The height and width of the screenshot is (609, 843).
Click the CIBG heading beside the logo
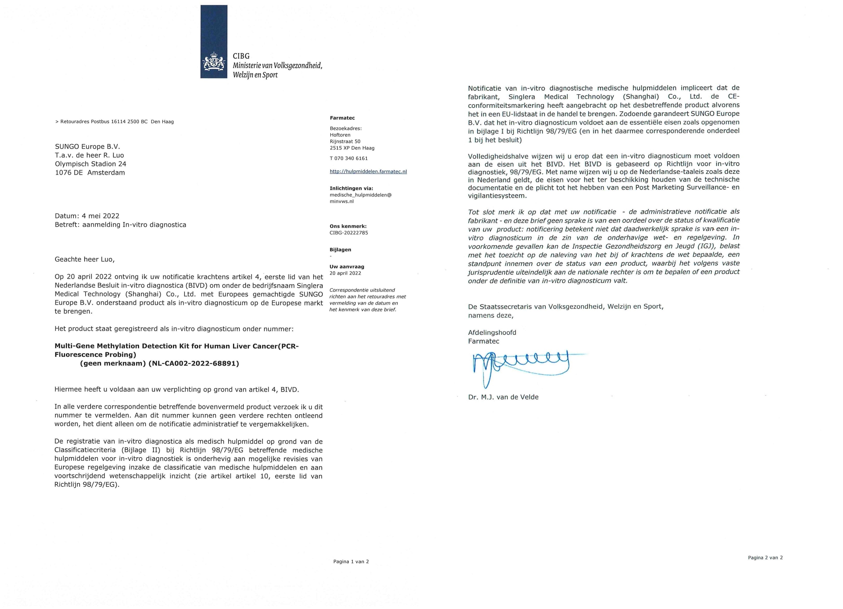click(x=241, y=56)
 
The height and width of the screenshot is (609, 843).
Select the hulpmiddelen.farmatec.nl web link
click(x=368, y=172)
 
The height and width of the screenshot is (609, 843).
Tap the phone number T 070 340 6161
click(x=349, y=158)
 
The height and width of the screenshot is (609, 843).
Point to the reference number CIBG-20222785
click(x=349, y=233)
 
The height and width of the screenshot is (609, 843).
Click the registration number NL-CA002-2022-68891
click(x=193, y=364)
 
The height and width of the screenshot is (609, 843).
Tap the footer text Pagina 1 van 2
click(x=351, y=562)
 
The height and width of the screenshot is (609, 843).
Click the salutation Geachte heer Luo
click(x=85, y=259)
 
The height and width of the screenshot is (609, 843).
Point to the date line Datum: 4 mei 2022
click(x=87, y=216)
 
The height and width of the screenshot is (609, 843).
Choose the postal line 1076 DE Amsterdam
click(x=90, y=173)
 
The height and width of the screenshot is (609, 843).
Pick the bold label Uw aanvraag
click(x=347, y=267)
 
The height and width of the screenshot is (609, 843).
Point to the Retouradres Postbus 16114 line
click(x=115, y=121)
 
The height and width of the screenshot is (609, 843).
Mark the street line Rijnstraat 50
click(x=345, y=141)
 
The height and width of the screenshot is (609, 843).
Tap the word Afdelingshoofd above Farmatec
click(x=492, y=332)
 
